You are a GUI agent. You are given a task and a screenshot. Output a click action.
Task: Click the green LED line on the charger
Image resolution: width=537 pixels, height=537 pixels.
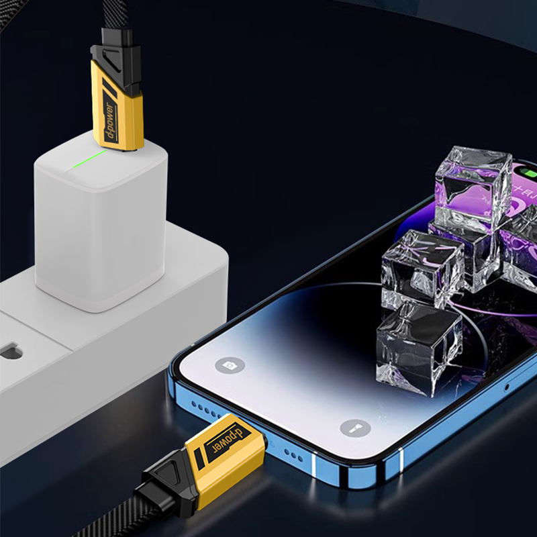[x=89, y=159]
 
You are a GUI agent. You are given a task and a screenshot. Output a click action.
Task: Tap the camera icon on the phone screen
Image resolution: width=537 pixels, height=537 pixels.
[x=230, y=365]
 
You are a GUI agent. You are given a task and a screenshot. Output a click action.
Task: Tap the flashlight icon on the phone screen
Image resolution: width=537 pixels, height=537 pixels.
[x=355, y=428]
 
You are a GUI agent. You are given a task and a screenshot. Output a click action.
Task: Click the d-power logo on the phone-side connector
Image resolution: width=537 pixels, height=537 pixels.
[x=228, y=440]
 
